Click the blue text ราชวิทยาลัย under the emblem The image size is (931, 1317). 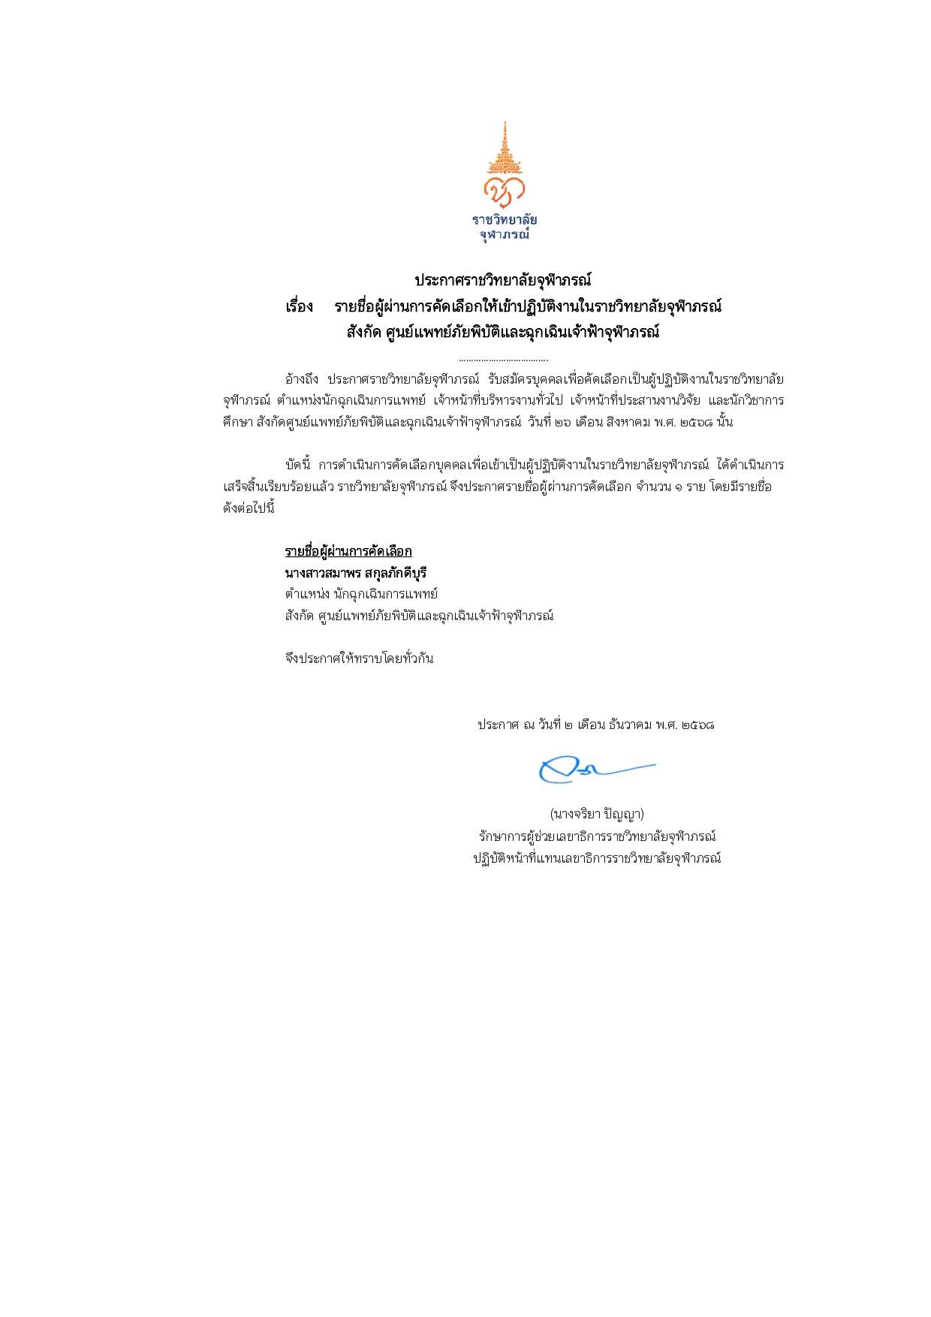pyautogui.click(x=505, y=220)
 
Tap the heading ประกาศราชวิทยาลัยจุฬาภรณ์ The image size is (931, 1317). pyautogui.click(x=503, y=281)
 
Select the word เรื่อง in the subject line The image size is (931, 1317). pyautogui.click(x=299, y=307)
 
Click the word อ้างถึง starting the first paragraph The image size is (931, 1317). pyautogui.click(x=302, y=379)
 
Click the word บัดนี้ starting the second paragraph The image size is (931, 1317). pyautogui.click(x=298, y=465)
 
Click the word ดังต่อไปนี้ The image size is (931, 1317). pyautogui.click(x=249, y=508)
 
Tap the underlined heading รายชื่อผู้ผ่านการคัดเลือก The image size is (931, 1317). pyautogui.click(x=348, y=552)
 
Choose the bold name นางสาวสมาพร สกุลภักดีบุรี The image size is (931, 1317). pyautogui.click(x=356, y=573)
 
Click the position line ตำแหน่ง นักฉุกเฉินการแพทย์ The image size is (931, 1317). pyautogui.click(x=361, y=594)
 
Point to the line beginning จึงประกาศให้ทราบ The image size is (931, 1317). pyautogui.click(x=359, y=658)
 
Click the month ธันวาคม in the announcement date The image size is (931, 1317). pyautogui.click(x=630, y=725)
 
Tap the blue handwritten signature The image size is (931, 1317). pyautogui.click(x=593, y=770)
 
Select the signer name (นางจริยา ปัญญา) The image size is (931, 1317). pyautogui.click(x=597, y=814)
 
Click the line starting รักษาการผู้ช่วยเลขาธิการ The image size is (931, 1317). pyautogui.click(x=597, y=836)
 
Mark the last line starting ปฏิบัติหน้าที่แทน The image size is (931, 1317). pyautogui.click(x=597, y=858)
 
